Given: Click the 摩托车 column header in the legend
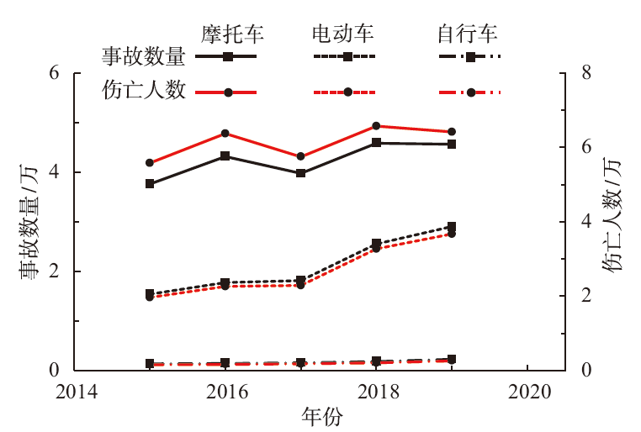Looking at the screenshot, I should coord(232,34).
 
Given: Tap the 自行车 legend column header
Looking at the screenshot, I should coord(467,34).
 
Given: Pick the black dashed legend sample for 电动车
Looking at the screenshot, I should coord(346,58).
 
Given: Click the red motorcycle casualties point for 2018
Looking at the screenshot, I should coord(377,126).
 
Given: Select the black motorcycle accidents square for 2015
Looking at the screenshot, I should coord(150,183).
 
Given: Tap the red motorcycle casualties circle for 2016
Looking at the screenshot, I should coord(225,134).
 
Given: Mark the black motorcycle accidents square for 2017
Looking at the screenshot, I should coord(301,173).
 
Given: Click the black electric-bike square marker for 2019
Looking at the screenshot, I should coord(453,227).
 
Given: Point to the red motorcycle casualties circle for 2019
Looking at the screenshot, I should coord(453,132).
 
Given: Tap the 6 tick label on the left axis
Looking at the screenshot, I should coord(56,73).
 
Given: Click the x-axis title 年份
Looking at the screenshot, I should coord(322,416).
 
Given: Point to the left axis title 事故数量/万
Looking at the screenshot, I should coord(29,222).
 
